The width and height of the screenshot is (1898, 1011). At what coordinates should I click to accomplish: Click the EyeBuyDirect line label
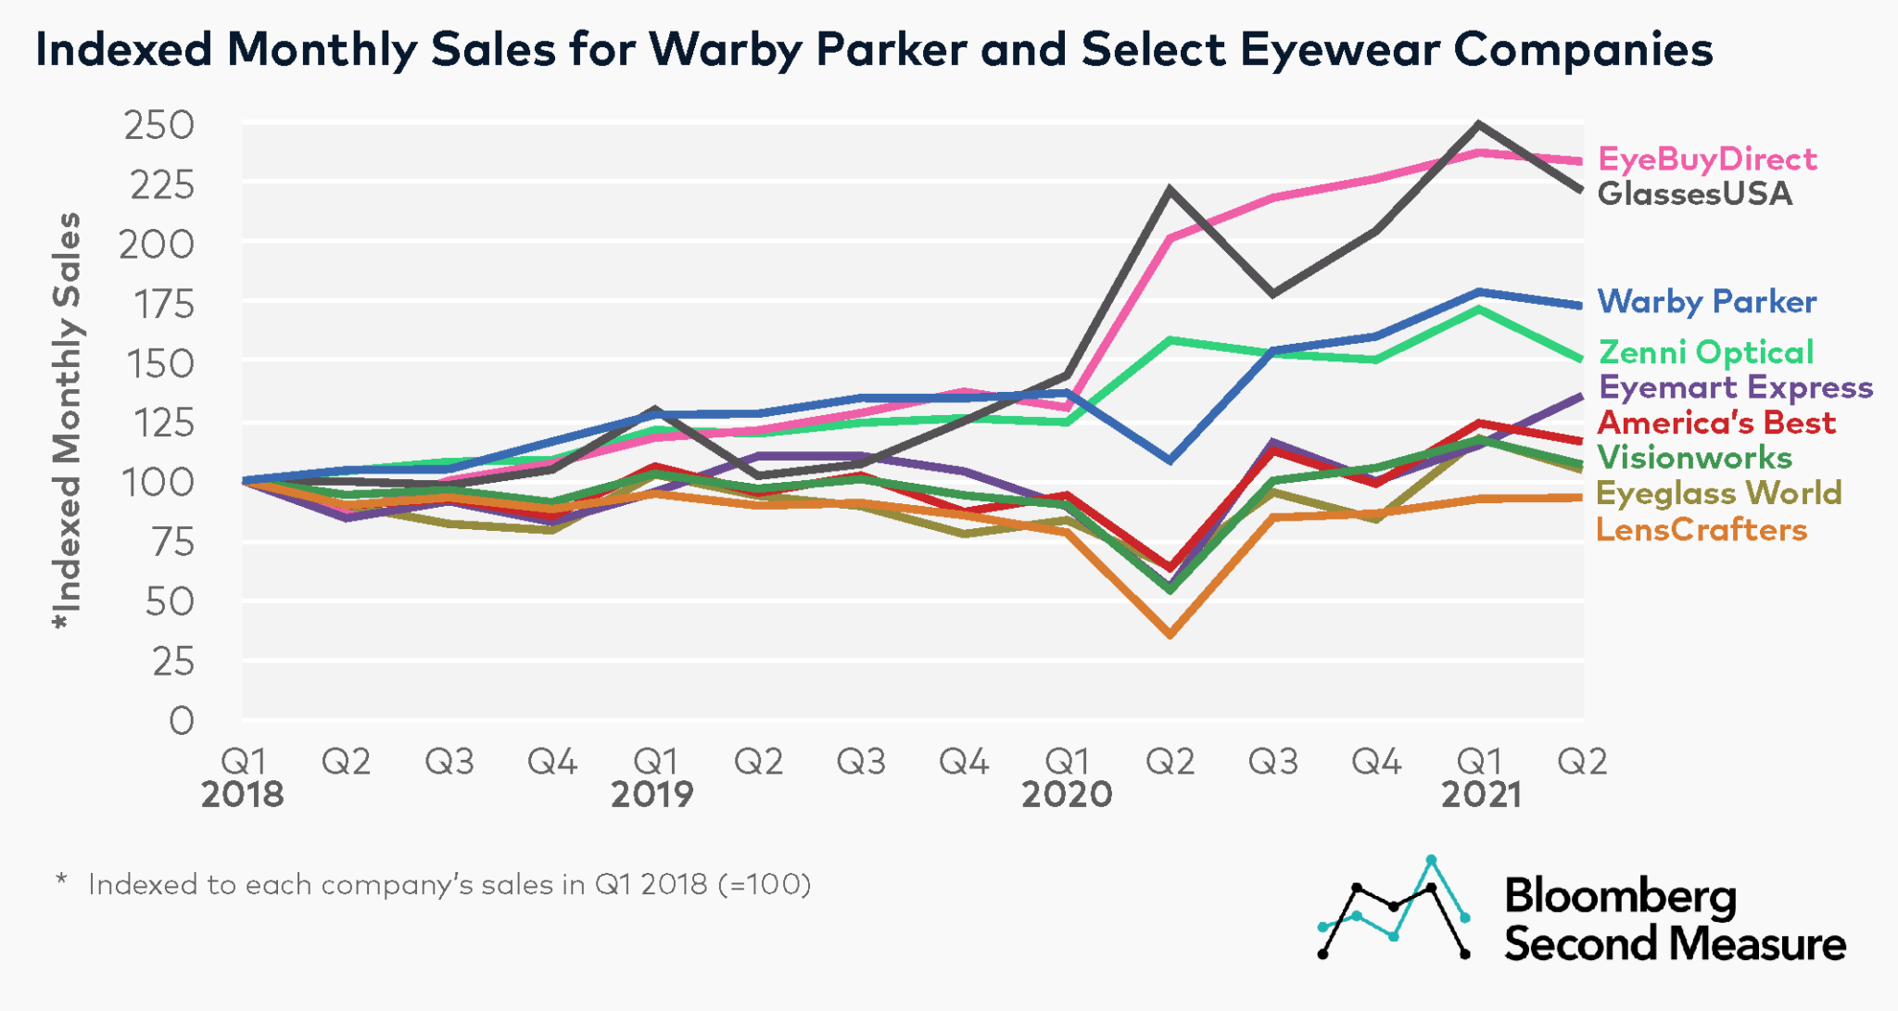(x=1707, y=159)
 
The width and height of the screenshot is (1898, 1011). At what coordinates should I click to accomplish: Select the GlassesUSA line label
(x=1694, y=194)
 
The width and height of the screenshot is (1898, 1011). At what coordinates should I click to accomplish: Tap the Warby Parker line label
(x=1706, y=301)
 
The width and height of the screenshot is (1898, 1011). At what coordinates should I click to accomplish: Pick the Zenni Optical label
(x=1705, y=352)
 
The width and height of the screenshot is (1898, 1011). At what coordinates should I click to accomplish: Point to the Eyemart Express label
(x=1735, y=386)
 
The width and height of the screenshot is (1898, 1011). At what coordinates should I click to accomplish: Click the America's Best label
(x=1715, y=423)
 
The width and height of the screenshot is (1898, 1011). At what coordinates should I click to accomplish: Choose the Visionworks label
(x=1695, y=457)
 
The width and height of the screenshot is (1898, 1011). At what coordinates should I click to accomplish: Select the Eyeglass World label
(x=1718, y=493)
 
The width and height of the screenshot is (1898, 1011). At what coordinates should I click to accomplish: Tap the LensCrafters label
(x=1702, y=529)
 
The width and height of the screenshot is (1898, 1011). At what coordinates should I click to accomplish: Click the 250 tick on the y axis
(x=159, y=125)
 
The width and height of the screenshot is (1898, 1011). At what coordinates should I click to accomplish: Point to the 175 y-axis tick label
(x=159, y=304)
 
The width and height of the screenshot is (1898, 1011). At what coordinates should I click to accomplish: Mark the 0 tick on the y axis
(x=182, y=720)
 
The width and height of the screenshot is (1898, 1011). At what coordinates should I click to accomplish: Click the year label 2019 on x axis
(x=652, y=795)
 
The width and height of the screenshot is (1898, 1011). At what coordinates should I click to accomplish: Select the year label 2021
(x=1480, y=795)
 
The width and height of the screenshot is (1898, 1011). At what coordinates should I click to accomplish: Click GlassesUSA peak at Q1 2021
(x=1480, y=124)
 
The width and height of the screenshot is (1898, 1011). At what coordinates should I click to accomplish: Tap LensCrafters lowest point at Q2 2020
(x=1170, y=635)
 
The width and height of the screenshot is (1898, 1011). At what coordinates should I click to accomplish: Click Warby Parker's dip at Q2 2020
(x=1170, y=461)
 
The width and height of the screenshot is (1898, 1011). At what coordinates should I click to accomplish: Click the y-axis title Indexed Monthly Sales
(x=67, y=422)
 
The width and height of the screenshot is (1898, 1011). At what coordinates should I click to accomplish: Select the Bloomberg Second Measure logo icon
(x=1393, y=908)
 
